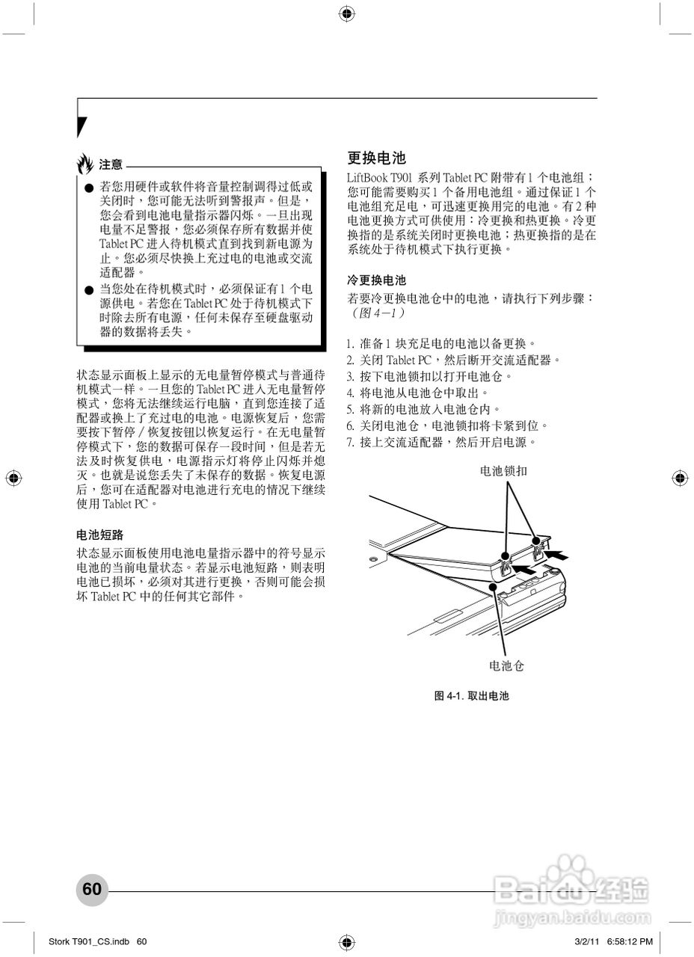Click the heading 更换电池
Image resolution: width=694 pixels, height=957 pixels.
[377, 158]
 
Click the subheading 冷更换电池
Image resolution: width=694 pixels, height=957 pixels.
[377, 280]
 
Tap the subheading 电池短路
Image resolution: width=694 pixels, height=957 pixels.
[100, 535]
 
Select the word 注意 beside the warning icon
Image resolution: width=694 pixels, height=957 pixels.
[111, 164]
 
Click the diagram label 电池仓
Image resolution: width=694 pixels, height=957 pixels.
[507, 665]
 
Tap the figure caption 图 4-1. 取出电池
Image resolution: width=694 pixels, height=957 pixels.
[471, 696]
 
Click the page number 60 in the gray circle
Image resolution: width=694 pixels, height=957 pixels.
[92, 889]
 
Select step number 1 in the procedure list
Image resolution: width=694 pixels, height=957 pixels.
[349, 344]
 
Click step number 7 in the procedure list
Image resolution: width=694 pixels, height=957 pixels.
[349, 443]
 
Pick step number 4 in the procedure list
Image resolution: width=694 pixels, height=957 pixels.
[349, 393]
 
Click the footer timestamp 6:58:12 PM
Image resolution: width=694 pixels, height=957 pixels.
[626, 941]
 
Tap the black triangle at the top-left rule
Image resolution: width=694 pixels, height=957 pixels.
[82, 126]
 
